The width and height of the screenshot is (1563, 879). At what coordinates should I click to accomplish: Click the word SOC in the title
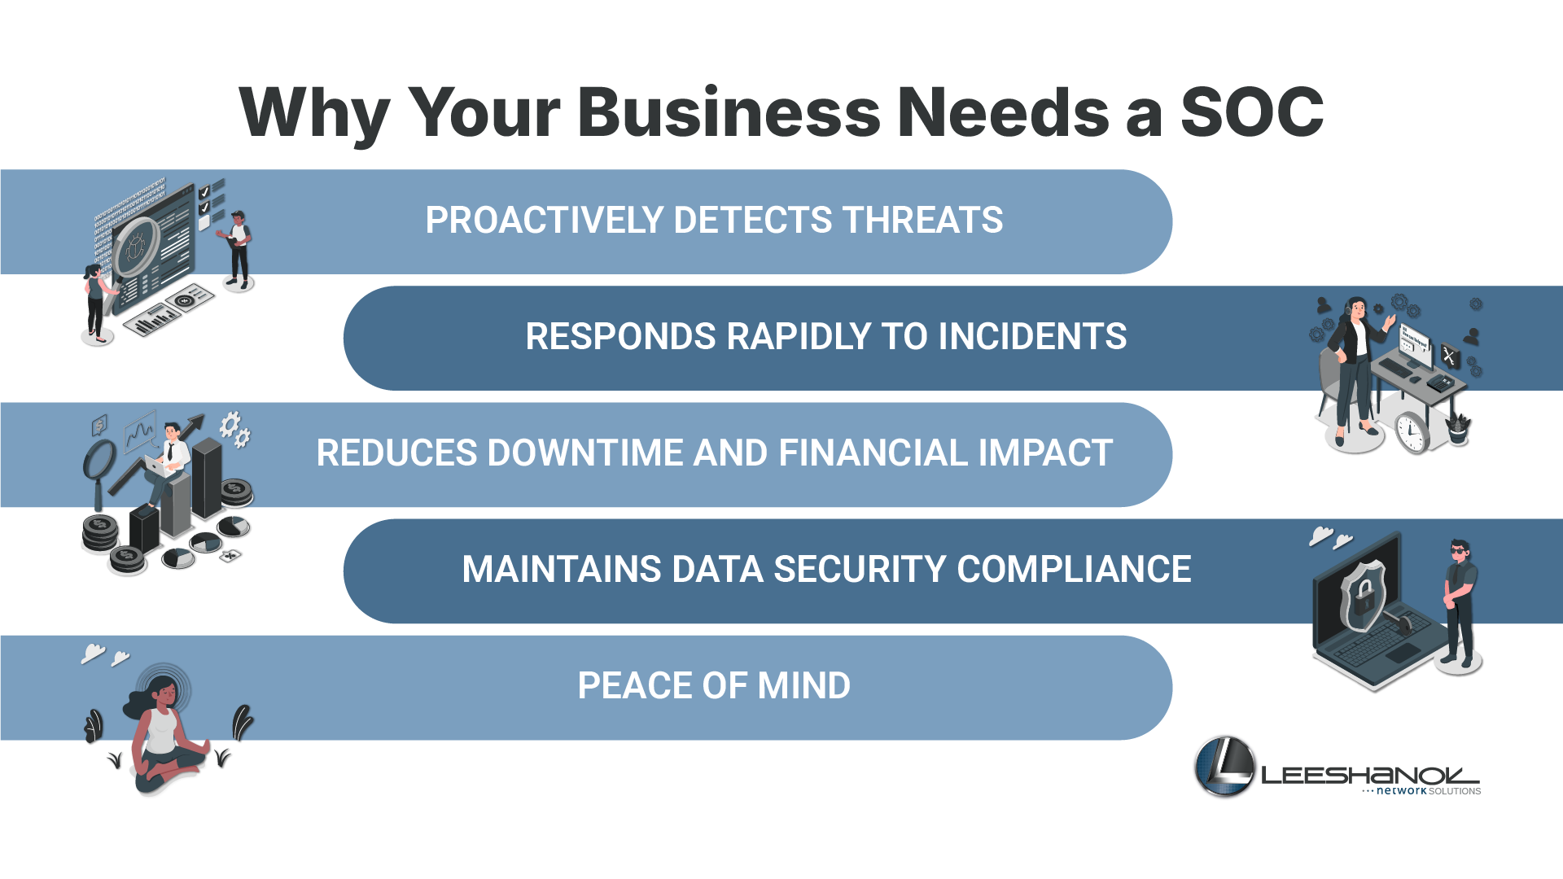[1252, 112]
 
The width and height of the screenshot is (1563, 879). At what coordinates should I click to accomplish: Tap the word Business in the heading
[729, 112]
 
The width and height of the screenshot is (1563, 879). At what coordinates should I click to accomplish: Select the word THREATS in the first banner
[922, 221]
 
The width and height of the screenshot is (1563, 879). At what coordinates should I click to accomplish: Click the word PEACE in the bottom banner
[633, 686]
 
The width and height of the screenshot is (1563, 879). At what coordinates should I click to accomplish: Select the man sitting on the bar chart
[167, 462]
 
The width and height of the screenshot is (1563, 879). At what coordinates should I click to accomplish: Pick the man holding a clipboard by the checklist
[237, 248]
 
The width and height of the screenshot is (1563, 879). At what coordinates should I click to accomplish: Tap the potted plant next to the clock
[1458, 428]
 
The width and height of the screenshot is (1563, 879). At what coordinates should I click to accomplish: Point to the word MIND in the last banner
[804, 686]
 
